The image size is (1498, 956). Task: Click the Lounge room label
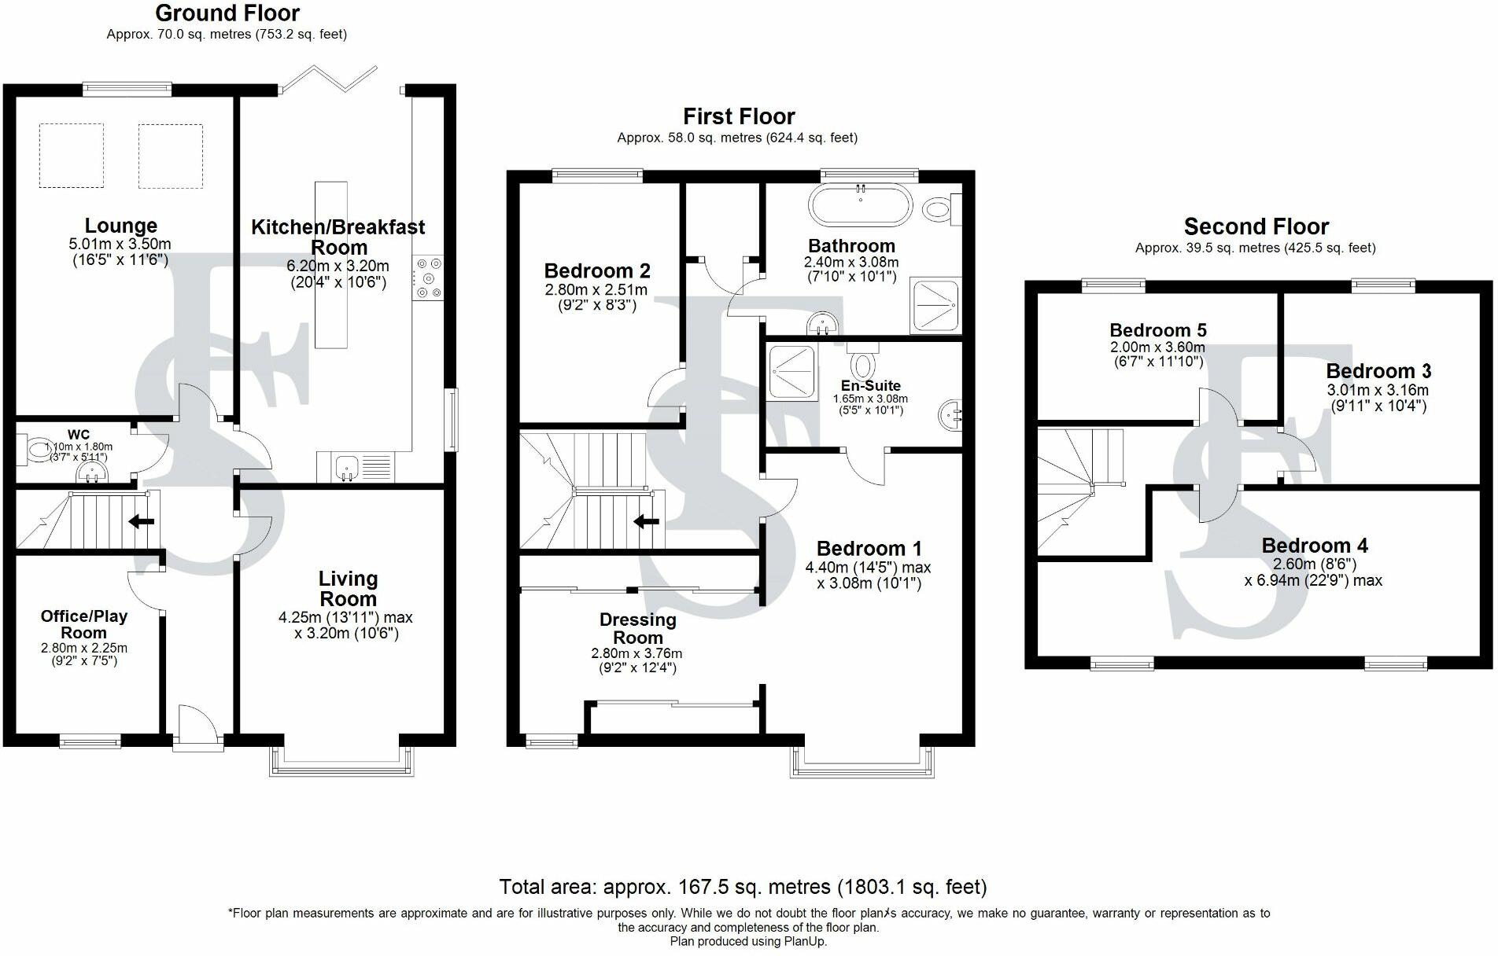tap(121, 226)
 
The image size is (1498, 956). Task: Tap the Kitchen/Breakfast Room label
tap(338, 237)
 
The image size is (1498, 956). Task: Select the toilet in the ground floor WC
tap(35, 450)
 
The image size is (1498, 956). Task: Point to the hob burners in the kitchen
tap(427, 278)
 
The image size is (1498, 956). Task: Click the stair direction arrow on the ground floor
tap(142, 520)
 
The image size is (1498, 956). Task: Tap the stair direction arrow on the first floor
tap(647, 520)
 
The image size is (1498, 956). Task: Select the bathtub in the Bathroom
tap(860, 206)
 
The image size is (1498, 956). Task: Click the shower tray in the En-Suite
tap(792, 371)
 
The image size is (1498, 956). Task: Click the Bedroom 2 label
tap(597, 271)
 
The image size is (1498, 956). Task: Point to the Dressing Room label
tap(638, 628)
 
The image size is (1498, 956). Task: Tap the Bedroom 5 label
tap(1158, 330)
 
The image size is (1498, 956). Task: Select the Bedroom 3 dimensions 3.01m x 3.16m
tap(1378, 390)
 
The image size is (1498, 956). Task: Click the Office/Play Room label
tap(84, 624)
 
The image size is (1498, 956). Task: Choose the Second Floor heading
tap(1256, 226)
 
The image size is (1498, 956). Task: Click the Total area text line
tap(743, 887)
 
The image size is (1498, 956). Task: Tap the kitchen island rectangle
tap(330, 265)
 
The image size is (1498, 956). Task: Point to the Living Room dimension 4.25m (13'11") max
tap(345, 618)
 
